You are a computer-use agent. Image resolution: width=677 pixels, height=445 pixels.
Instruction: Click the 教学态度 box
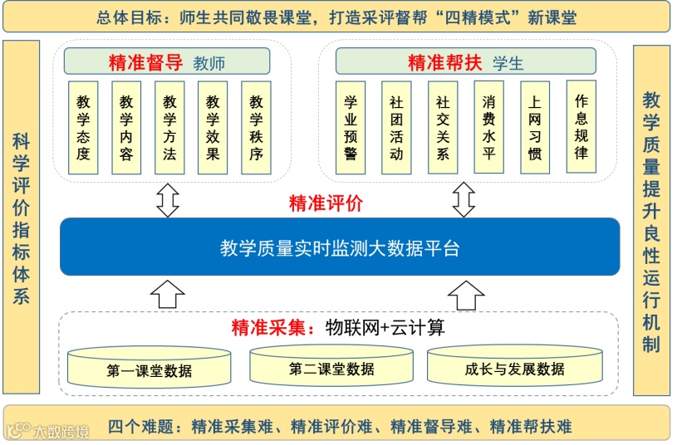(83, 127)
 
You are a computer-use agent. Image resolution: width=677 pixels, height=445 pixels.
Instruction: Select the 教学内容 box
(126, 127)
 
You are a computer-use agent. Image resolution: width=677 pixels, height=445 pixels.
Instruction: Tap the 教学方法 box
(169, 127)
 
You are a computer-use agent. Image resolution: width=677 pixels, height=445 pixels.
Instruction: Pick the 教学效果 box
(213, 127)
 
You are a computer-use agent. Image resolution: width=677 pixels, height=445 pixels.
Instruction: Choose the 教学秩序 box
(256, 127)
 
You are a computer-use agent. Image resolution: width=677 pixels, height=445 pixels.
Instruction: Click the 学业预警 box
(350, 127)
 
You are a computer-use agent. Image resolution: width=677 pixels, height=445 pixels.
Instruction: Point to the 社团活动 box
(396, 127)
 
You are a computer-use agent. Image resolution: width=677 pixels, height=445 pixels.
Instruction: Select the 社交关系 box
(443, 127)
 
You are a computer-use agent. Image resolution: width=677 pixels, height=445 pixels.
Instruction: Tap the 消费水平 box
(488, 127)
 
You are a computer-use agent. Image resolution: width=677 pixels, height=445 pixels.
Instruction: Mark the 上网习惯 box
(535, 127)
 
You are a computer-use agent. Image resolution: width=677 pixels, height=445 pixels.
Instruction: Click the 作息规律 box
(581, 126)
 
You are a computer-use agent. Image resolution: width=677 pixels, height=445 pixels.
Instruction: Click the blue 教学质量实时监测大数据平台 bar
(339, 247)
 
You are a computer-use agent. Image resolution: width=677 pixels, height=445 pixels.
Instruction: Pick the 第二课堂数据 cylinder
(331, 366)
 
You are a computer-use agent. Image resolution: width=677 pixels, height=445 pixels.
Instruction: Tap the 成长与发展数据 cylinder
(514, 366)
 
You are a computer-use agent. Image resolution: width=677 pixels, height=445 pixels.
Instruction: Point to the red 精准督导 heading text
(145, 62)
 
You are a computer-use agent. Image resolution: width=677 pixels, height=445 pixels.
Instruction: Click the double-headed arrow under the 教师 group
(169, 199)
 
